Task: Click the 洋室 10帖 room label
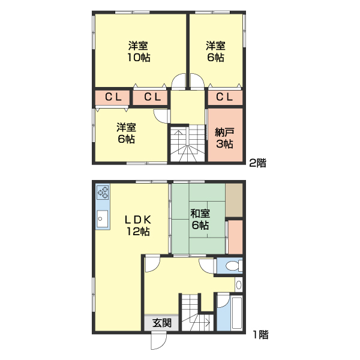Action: click(138, 52)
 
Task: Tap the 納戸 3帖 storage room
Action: click(224, 138)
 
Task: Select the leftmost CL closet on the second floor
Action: click(112, 97)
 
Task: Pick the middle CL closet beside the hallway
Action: click(151, 97)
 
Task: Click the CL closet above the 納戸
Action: click(224, 97)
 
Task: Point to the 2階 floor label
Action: click(258, 162)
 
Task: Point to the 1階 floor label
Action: click(260, 335)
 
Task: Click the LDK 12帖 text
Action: click(137, 225)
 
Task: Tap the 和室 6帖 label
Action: click(199, 219)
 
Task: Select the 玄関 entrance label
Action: click(161, 323)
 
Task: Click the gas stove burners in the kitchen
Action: click(103, 193)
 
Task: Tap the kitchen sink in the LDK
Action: click(102, 219)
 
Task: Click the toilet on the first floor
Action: click(233, 265)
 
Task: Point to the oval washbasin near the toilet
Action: click(239, 285)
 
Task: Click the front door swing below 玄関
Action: click(157, 341)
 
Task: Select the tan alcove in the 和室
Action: click(234, 201)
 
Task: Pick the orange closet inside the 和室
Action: click(235, 237)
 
